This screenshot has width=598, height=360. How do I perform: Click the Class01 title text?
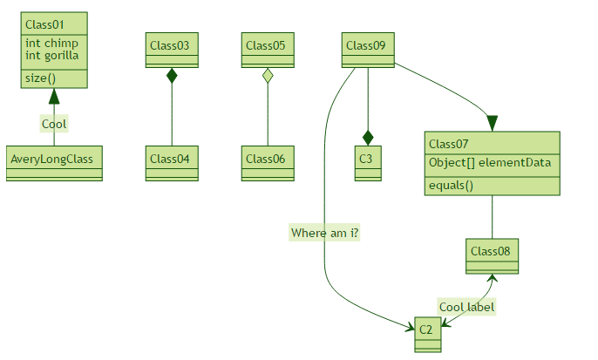[x=45, y=24]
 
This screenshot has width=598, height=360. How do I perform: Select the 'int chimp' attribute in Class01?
[x=51, y=43]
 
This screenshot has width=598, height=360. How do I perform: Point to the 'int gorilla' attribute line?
[x=52, y=55]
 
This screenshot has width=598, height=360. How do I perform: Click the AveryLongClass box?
[x=54, y=159]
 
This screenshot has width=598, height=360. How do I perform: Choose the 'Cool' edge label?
[x=54, y=124]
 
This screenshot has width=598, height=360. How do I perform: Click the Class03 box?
[x=172, y=46]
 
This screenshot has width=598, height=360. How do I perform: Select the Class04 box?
[x=172, y=159]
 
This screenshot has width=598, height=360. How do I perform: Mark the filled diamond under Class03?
[x=172, y=76]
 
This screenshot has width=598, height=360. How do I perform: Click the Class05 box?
[x=268, y=46]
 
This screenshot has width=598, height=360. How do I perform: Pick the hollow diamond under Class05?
[x=268, y=76]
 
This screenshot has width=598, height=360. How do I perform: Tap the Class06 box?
[x=268, y=159]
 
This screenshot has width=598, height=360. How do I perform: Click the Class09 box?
[x=368, y=46]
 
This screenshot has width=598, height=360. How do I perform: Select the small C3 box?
[x=368, y=159]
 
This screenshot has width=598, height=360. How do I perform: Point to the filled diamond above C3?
[x=368, y=137]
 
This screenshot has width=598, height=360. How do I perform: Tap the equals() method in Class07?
[x=451, y=185]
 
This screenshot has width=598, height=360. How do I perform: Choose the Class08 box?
[x=493, y=252]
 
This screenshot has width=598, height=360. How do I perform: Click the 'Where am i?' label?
[x=325, y=233]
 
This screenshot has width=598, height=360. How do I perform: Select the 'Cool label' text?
[x=467, y=307]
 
